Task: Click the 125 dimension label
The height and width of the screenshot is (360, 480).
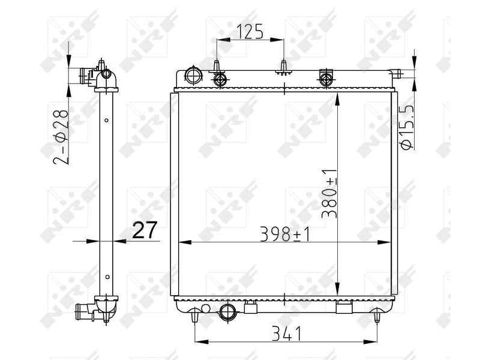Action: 250,31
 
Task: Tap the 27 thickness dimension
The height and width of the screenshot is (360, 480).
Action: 144,230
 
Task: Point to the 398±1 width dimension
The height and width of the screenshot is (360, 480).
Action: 284,235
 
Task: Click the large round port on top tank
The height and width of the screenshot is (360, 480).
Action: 193,76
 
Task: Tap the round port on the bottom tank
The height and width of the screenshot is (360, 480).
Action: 228,311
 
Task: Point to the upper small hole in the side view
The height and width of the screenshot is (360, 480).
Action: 106,121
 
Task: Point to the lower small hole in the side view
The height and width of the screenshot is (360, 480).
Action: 106,277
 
